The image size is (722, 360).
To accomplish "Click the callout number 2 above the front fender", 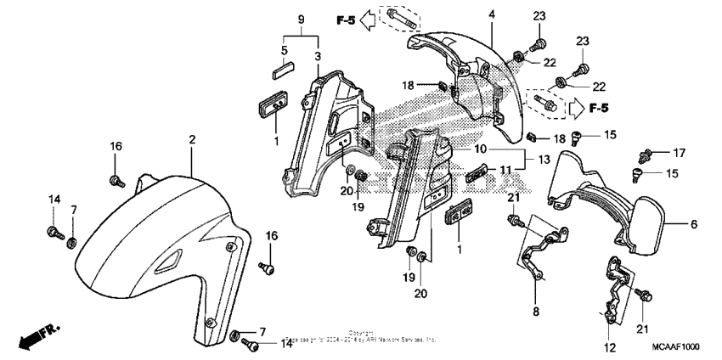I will (192, 138).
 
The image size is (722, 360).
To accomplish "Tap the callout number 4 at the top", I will (491, 14).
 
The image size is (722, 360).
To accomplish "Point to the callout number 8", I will (537, 312).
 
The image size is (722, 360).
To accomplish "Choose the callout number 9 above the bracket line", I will (300, 19).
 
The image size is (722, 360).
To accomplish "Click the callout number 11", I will (505, 170).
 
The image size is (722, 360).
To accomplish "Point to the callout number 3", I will (318, 55).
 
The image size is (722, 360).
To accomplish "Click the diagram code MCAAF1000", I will (678, 347).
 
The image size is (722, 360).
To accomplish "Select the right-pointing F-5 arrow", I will (578, 108).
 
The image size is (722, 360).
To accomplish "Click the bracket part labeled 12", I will (614, 284).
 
